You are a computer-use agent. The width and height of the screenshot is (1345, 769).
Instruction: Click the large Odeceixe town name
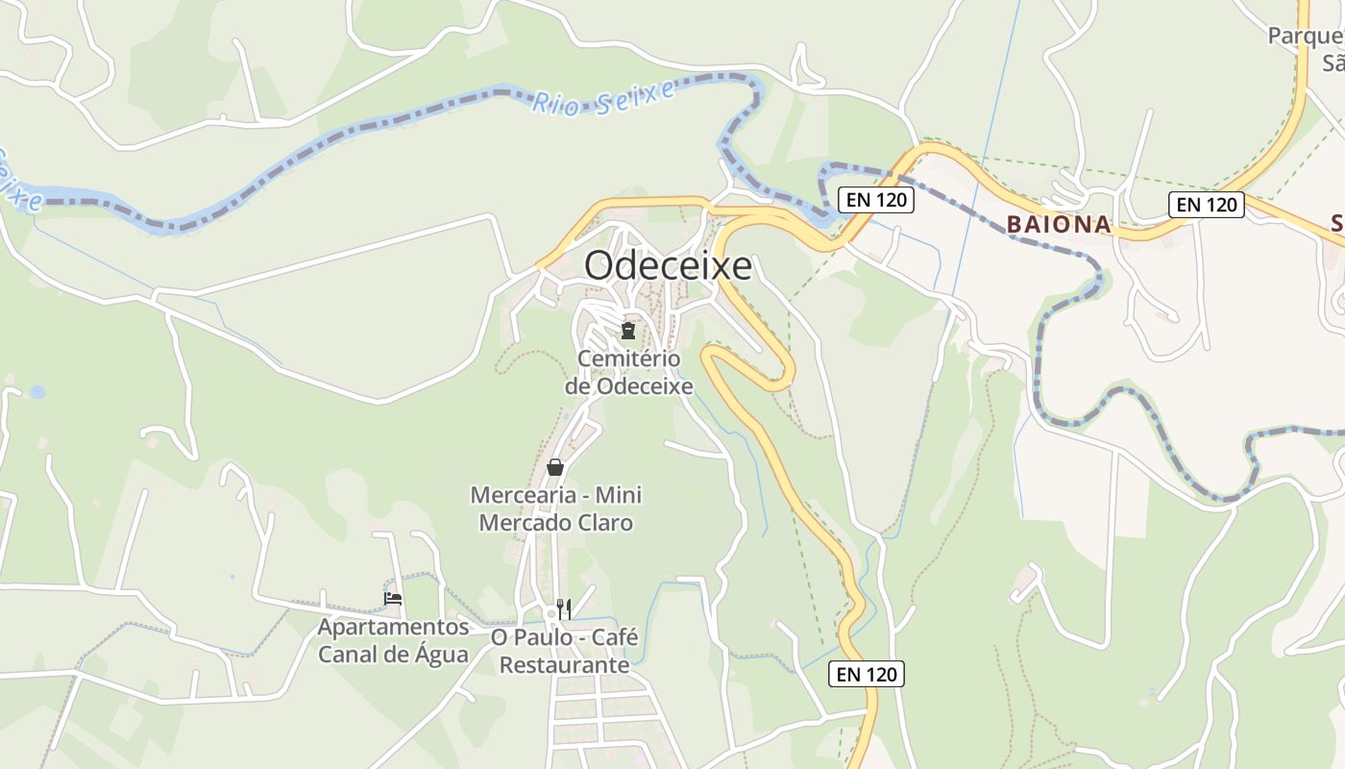668,266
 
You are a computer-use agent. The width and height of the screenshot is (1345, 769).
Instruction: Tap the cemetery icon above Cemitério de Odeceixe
628,332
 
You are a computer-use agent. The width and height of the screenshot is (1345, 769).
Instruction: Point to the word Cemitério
628,360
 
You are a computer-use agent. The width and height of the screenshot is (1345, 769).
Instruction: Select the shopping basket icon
555,468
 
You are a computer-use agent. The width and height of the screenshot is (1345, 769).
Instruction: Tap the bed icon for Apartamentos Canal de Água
393,598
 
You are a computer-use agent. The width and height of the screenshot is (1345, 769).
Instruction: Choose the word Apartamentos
394,628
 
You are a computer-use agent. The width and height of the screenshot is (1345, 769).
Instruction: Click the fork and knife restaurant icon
564,608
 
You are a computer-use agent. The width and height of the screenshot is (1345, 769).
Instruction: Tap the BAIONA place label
1059,225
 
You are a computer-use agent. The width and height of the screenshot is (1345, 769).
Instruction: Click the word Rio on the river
555,103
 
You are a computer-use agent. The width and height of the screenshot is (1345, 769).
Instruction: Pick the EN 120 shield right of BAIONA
1207,205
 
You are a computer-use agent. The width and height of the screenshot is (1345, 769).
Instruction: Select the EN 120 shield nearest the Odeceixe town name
875,200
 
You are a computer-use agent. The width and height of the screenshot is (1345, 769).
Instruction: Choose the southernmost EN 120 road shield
867,675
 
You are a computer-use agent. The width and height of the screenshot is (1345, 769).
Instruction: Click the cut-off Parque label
1305,37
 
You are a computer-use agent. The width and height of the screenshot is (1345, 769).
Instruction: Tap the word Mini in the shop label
619,496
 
